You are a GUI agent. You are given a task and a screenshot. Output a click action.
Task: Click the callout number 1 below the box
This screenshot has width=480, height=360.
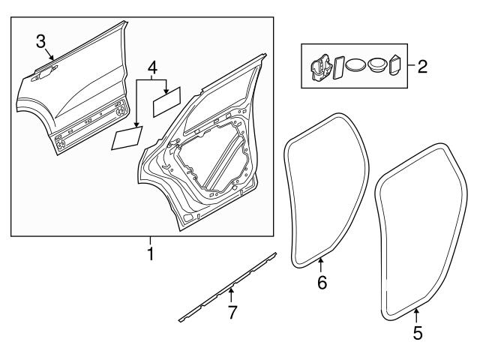[150, 254]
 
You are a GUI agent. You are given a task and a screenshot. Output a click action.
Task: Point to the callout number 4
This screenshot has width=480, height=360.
[152, 67]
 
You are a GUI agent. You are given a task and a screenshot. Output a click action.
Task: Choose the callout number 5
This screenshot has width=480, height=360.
[418, 331]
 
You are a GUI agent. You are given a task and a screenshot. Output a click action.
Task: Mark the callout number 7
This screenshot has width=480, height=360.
[232, 313]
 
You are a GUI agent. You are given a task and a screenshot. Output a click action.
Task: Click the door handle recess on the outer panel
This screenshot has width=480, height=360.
[46, 72]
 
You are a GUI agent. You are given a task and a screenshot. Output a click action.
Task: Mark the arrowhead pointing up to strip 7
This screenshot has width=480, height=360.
[232, 288]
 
